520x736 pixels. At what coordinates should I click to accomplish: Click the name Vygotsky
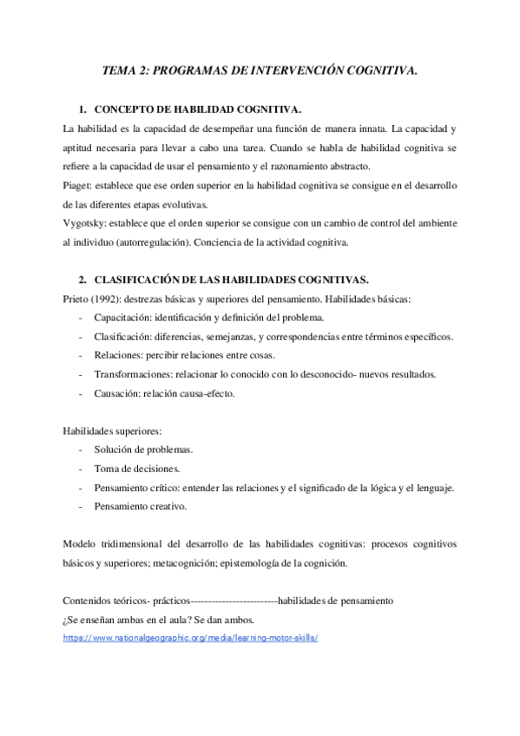[85, 224]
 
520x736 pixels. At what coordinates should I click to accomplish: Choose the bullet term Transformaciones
[135, 374]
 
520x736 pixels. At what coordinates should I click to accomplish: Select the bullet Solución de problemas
[143, 450]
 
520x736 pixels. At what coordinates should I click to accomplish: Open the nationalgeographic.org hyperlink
[191, 636]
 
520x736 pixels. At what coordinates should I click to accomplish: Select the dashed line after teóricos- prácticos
[232, 600]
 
